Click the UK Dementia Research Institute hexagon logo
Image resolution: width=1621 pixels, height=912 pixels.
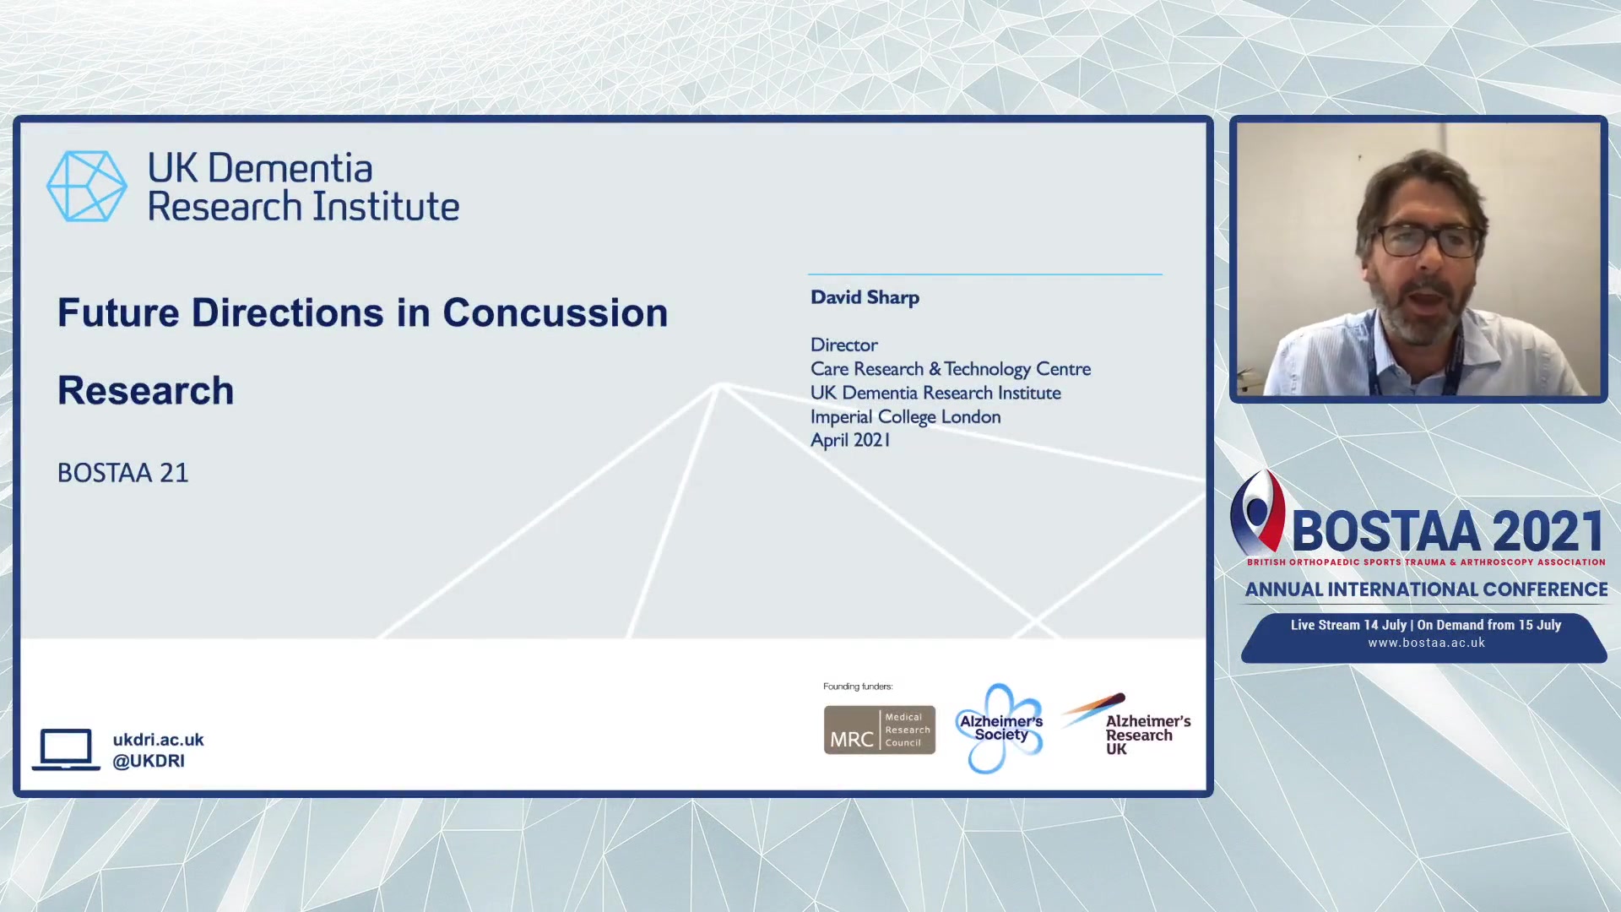[x=87, y=187]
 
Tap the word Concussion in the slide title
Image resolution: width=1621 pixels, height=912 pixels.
[x=556, y=313]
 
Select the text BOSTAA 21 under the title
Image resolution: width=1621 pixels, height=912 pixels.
[x=123, y=473]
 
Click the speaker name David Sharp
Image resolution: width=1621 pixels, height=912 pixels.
[x=865, y=297]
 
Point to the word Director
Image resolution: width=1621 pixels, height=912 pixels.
[x=844, y=345]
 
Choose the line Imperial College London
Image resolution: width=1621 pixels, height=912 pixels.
[x=906, y=417]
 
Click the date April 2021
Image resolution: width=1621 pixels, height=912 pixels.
[x=850, y=440]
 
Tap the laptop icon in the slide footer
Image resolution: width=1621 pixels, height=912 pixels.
[x=66, y=749]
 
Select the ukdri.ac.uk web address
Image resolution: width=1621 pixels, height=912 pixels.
[x=159, y=740]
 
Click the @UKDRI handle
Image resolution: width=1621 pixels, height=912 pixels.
[x=149, y=761]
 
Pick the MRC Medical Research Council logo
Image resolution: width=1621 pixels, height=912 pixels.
[x=880, y=730]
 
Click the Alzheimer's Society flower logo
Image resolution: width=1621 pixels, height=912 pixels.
[x=1000, y=728]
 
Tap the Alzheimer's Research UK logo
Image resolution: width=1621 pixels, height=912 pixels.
[x=1126, y=725]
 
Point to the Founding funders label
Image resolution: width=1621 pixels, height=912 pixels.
[x=858, y=687]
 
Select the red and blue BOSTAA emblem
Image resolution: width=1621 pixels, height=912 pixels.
[x=1258, y=512]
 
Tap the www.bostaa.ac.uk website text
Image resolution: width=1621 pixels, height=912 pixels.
[x=1427, y=643]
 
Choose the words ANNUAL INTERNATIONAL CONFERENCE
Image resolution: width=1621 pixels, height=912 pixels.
[x=1427, y=589]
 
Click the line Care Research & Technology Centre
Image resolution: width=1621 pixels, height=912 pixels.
[x=951, y=369]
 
